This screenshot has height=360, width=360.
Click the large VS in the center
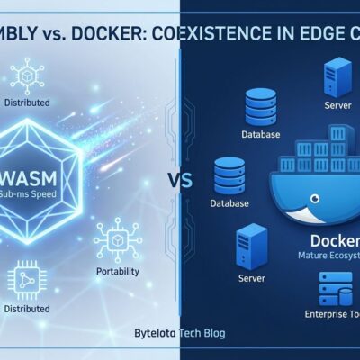tap(180, 180)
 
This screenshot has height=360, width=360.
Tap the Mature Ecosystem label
tap(329, 256)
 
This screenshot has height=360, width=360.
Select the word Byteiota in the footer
tap(152, 332)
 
